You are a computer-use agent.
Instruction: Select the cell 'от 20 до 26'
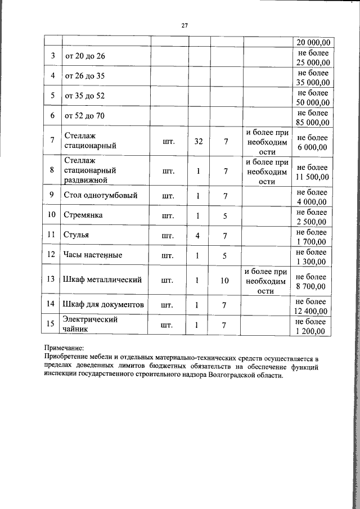(x=85, y=56)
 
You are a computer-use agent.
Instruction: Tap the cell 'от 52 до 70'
(x=85, y=116)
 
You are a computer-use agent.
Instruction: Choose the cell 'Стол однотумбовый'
(x=101, y=196)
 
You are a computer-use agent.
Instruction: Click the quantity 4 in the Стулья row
(x=198, y=235)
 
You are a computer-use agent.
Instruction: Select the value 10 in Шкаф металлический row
(x=225, y=280)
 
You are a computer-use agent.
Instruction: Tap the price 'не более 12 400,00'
(x=312, y=305)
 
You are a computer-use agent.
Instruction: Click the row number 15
(x=52, y=325)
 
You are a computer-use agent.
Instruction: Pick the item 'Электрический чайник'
(x=83, y=325)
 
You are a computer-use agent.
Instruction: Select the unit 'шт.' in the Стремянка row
(x=168, y=215)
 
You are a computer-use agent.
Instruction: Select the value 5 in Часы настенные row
(x=225, y=255)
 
